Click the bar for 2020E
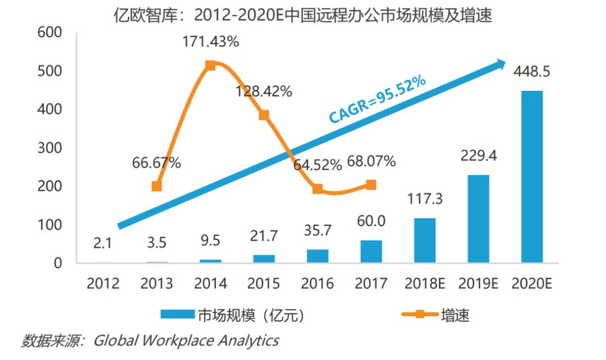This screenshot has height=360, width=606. [532, 177]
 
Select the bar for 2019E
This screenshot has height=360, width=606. [478, 219]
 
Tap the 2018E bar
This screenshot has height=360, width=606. [425, 240]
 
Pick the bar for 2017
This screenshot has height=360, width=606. [371, 251]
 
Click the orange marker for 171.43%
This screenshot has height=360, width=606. [210, 66]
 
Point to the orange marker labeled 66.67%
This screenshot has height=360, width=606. [157, 186]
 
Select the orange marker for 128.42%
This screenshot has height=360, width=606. [264, 115]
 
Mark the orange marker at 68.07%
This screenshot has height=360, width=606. [371, 185]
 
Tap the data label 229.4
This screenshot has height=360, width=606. [478, 155]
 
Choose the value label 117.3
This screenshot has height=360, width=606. [425, 199]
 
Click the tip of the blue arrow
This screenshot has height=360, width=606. [504, 62]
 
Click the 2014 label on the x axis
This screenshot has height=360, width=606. [210, 283]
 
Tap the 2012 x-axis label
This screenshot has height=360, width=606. [103, 283]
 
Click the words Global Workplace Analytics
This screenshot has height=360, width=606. [186, 340]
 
